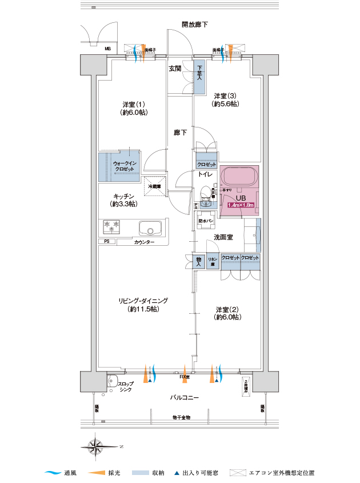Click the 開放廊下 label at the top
(194, 25)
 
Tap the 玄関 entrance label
(175, 69)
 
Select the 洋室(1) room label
(134, 104)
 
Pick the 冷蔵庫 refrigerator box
(154, 186)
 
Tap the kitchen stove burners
(111, 227)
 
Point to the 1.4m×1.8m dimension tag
(241, 205)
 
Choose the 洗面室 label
(223, 237)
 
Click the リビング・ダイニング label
(143, 301)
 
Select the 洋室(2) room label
(226, 312)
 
